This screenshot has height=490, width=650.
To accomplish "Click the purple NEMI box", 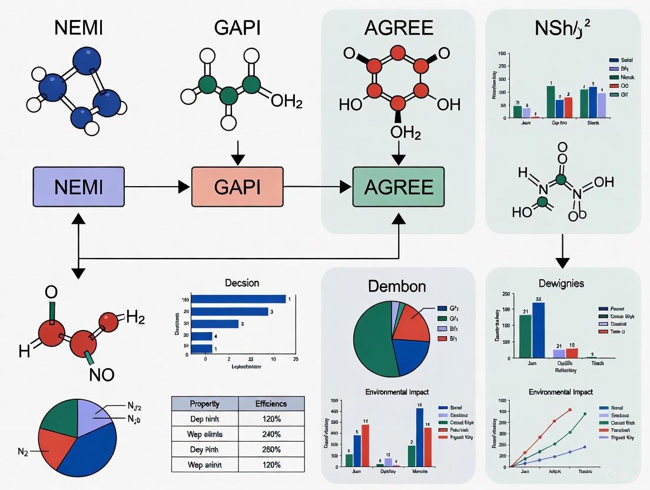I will click(78, 187).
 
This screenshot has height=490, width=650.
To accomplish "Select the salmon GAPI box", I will click(237, 187).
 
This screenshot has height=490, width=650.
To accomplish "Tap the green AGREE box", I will click(399, 187).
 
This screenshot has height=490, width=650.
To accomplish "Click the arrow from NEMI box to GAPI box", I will click(158, 187).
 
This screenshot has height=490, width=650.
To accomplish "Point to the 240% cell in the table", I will click(271, 434).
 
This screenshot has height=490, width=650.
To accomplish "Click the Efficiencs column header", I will click(271, 404).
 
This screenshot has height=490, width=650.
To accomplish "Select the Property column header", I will click(205, 404).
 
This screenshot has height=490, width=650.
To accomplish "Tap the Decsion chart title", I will click(242, 283).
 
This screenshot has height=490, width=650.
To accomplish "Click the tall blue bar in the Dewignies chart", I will click(538, 330).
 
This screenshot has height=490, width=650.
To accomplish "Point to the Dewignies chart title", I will click(561, 283).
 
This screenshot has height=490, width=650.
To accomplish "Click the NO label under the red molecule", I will click(102, 374).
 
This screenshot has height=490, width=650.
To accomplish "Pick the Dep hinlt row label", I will click(205, 419).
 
